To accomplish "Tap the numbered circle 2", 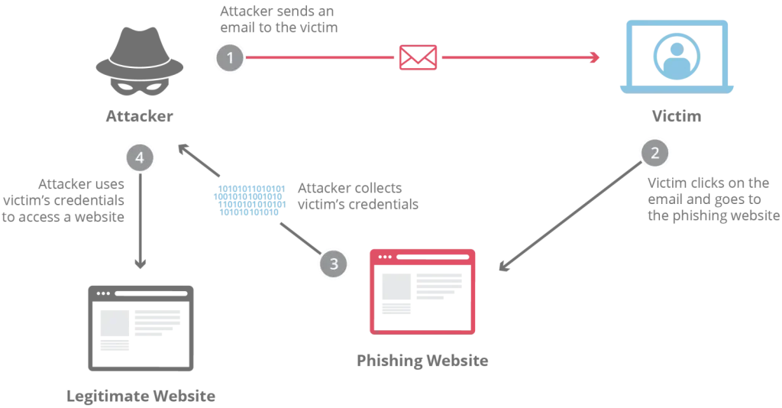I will pos(653,153).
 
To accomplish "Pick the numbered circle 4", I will pos(140,158).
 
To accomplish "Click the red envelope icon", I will pos(418,58).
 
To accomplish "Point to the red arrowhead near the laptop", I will pos(593,58).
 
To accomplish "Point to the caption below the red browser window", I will pos(422,359).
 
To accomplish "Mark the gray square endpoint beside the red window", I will pos(502,266).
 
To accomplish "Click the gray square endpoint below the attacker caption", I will pos(183,147).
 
